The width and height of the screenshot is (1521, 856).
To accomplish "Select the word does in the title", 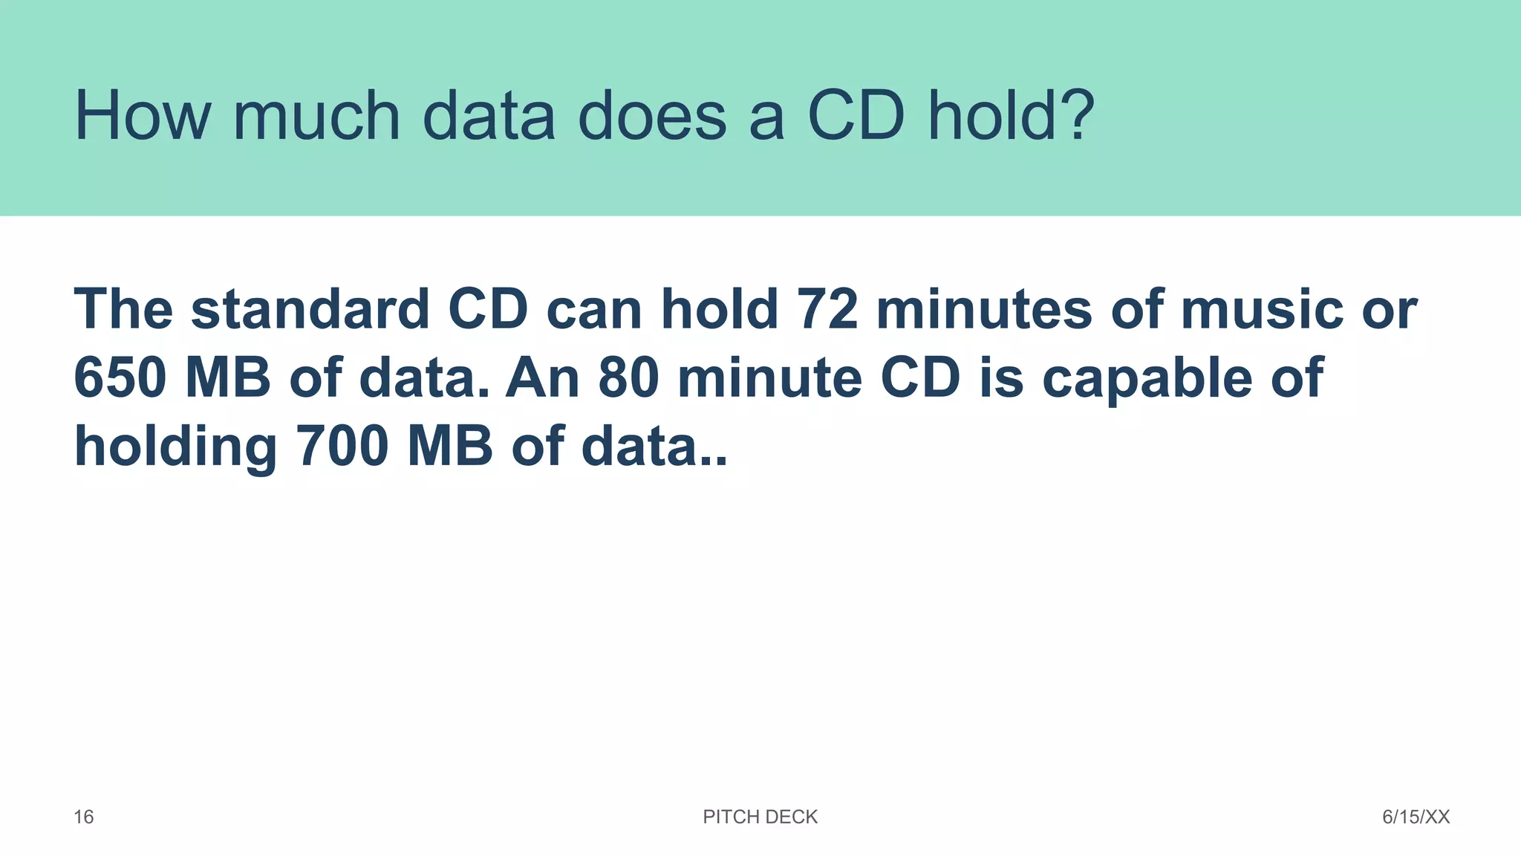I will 651,116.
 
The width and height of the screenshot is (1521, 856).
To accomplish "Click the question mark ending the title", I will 1074,116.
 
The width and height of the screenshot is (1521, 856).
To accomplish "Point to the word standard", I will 310,309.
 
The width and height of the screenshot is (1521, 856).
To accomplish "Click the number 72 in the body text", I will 827,309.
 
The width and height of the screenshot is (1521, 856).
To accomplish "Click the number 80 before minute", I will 628,377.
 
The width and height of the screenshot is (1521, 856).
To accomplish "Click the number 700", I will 342,447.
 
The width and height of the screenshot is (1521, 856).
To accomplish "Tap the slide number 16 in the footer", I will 84,817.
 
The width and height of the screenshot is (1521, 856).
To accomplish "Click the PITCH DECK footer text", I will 760,817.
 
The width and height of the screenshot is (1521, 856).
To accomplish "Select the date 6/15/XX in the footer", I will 1416,817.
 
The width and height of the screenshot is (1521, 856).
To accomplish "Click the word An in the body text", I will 543,377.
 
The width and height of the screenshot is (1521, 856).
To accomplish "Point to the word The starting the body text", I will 123,309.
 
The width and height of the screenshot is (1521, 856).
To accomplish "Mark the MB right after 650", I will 228,377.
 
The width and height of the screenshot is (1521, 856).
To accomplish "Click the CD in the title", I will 856,116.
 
